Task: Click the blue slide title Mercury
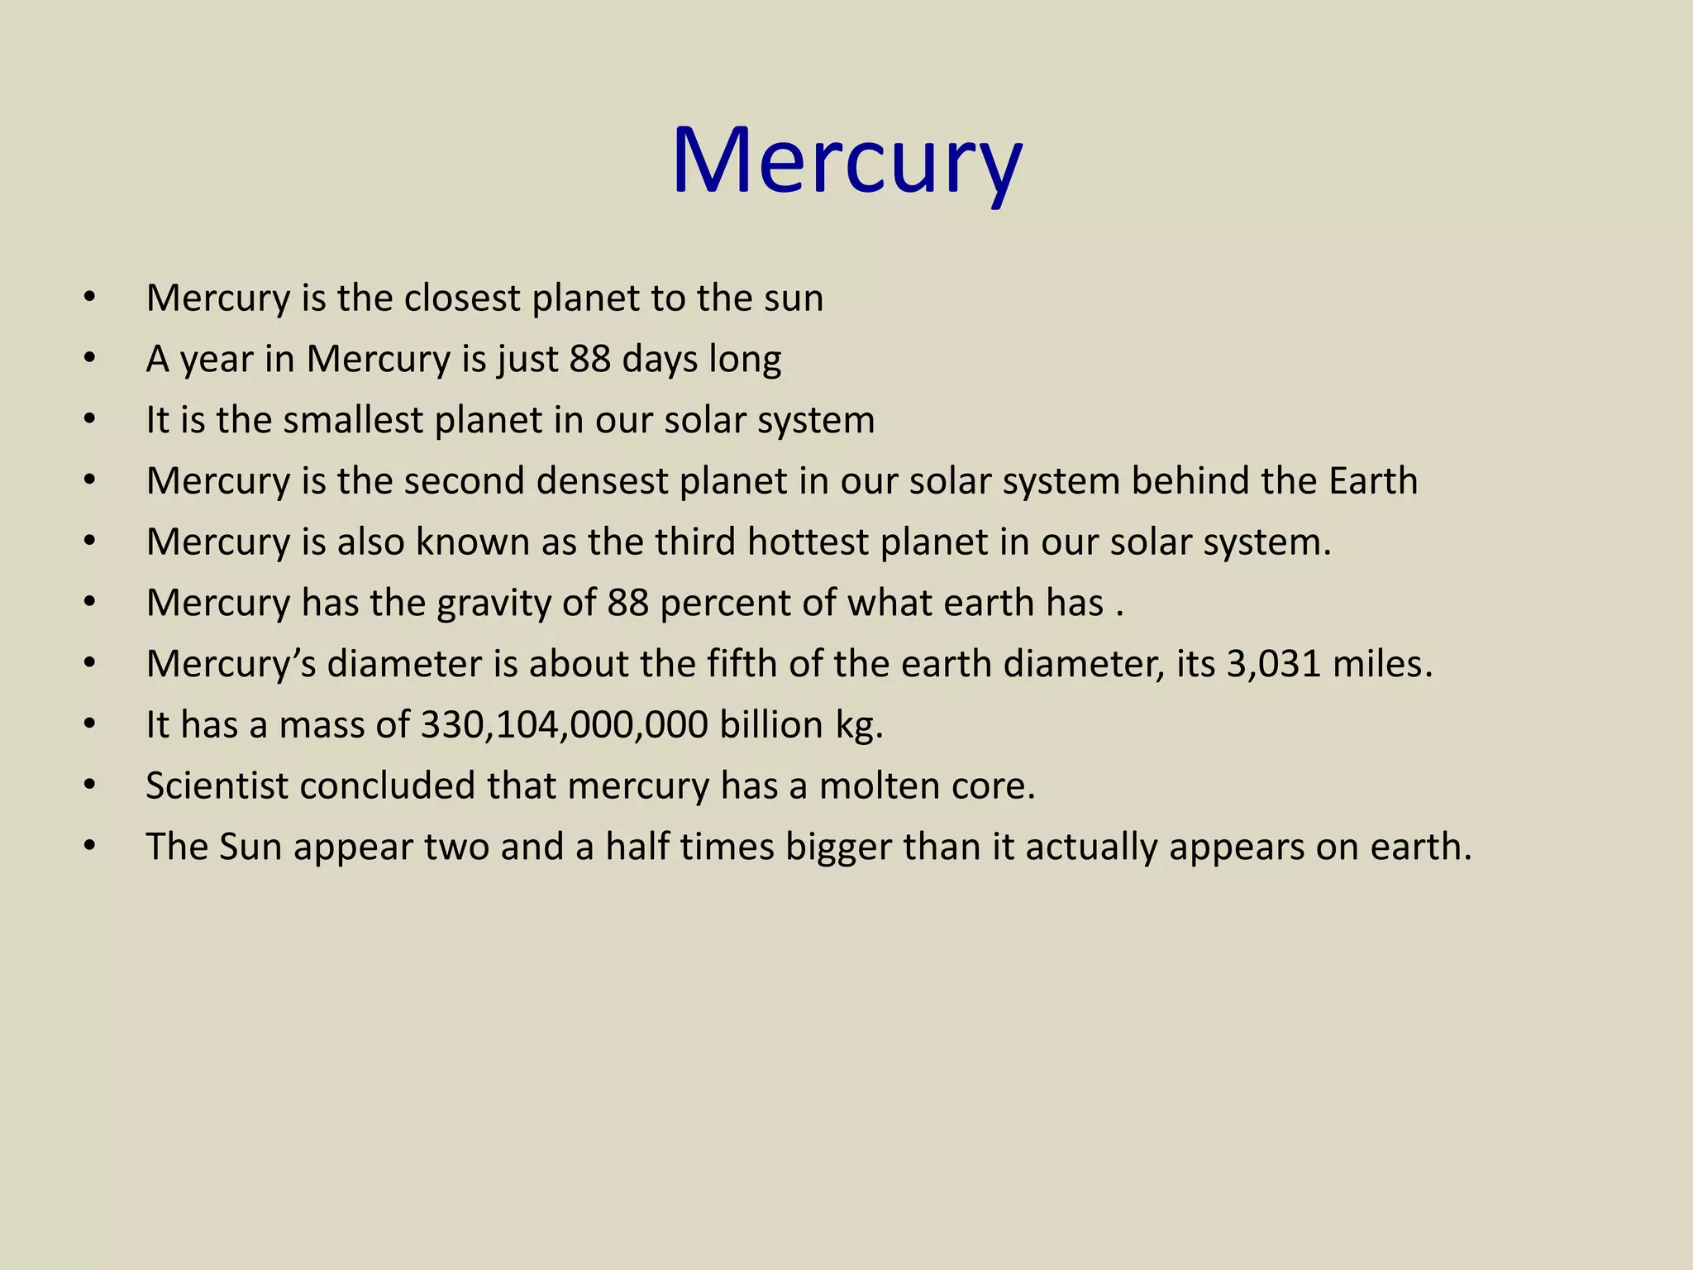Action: pyautogui.click(x=846, y=161)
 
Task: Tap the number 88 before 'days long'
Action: pyautogui.click(x=589, y=360)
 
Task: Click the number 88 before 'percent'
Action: pyautogui.click(x=627, y=604)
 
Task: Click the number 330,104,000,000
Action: pyautogui.click(x=565, y=726)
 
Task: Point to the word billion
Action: pyautogui.click(x=771, y=725)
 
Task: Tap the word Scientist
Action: pyautogui.click(x=217, y=786)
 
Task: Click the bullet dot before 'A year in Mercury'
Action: pyautogui.click(x=90, y=360)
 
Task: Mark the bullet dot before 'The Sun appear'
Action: pyautogui.click(x=90, y=847)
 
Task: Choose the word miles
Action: pyautogui.click(x=1381, y=665)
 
